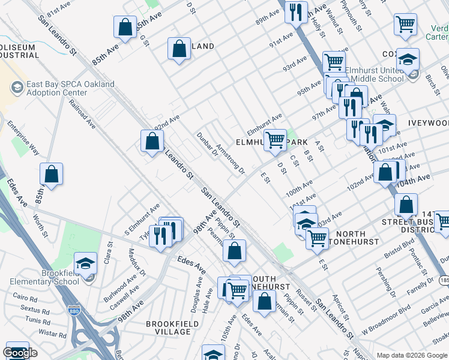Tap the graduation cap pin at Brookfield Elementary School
(85, 265)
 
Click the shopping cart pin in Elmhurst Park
(275, 140)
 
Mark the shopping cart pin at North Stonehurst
(317, 238)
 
